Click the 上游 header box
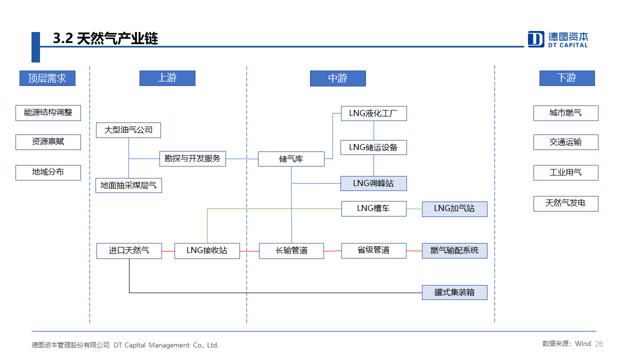(167, 78)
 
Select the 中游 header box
(337, 78)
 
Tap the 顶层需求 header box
(47, 78)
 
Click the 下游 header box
(567, 78)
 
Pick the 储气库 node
(291, 159)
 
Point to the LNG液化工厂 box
(373, 113)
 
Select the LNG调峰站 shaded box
(373, 183)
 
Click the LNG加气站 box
(454, 209)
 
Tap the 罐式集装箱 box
(454, 292)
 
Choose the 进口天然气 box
(129, 251)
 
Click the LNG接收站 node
(207, 251)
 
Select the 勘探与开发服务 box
(192, 158)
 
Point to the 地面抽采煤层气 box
(128, 185)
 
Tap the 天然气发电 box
(565, 203)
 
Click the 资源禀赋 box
(48, 142)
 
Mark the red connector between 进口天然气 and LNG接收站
(168, 251)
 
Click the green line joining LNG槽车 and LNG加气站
(414, 209)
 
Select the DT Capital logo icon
(535, 39)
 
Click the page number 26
(599, 343)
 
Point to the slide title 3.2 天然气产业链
(105, 38)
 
